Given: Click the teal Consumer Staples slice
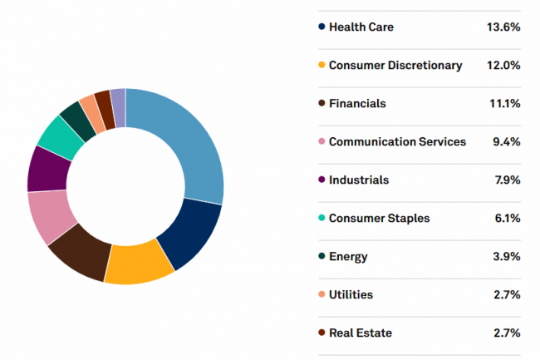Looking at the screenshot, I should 61,136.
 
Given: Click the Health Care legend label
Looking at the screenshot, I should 361,27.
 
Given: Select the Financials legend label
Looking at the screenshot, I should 357,104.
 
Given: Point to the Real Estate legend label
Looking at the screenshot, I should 360,333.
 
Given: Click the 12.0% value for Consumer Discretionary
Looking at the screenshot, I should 503,66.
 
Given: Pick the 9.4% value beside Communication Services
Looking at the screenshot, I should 506,142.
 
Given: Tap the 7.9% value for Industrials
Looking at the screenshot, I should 506,180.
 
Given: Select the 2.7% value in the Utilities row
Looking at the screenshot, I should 506,295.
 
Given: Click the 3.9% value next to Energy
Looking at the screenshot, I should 506,257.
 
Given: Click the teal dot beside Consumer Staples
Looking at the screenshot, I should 322,219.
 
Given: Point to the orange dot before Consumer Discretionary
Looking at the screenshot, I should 322,66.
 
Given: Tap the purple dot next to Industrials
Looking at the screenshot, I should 322,180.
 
